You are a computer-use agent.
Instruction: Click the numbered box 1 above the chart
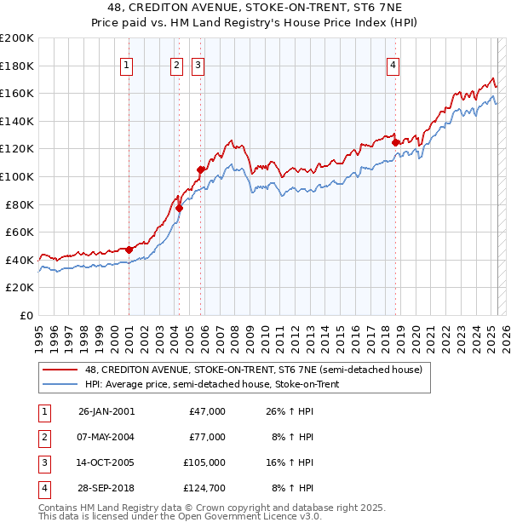126,65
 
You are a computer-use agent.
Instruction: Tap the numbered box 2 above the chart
176,65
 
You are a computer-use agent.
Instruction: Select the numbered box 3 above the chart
198,65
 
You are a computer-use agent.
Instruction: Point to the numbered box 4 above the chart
393,65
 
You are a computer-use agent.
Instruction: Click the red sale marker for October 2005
201,169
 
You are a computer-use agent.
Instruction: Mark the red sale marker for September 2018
396,142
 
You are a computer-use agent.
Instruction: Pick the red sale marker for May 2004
180,208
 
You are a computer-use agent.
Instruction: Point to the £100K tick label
17,176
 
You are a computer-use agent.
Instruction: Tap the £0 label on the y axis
26,315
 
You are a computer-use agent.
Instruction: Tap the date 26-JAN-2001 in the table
106,411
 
